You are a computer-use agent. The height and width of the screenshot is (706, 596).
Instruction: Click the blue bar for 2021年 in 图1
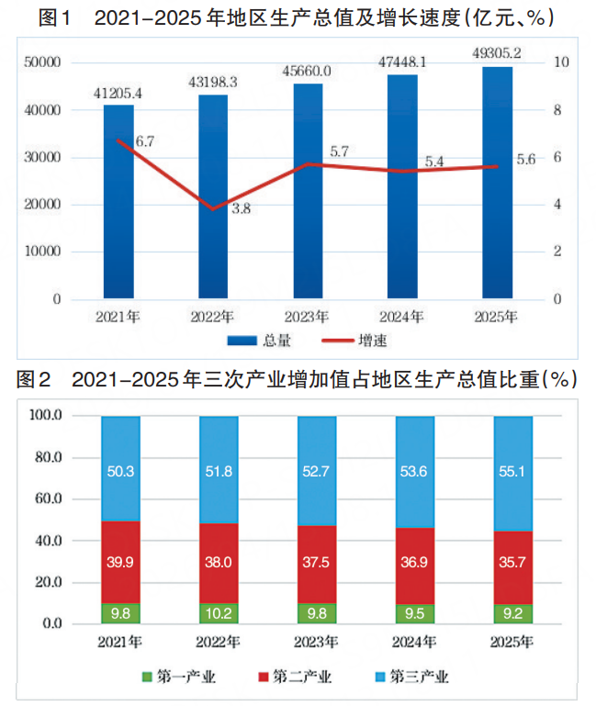point(118,202)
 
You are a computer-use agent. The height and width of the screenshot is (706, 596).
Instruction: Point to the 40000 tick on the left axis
point(42,109)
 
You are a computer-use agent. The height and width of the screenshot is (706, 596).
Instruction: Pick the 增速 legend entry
point(357,341)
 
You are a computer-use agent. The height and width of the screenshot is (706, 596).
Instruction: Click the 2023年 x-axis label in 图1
point(309,317)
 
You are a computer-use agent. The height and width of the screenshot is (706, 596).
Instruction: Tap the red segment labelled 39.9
point(121,561)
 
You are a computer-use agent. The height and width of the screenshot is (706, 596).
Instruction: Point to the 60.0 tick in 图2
point(44,499)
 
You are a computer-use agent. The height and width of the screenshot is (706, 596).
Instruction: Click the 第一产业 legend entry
point(178,678)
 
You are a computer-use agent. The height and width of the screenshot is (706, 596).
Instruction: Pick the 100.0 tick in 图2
point(42,416)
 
